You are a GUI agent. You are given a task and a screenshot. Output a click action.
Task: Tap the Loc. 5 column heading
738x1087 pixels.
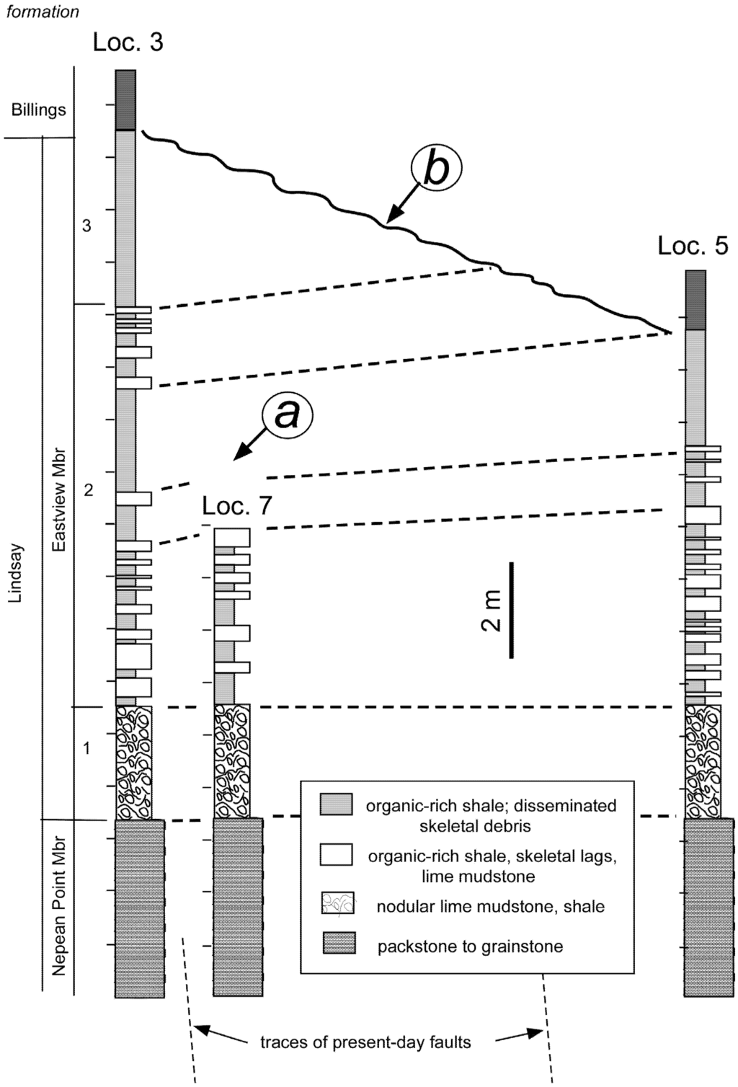pos(693,246)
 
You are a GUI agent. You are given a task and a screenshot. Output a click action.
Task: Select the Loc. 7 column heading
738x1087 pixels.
pos(237,505)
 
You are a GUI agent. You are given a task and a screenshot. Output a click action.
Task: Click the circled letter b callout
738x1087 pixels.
pos(435,168)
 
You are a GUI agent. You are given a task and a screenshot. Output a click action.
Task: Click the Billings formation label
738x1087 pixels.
pos(38,110)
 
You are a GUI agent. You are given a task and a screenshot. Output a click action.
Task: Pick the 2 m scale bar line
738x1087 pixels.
pos(512,610)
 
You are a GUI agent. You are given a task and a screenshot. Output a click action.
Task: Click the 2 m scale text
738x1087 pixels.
pos(492,610)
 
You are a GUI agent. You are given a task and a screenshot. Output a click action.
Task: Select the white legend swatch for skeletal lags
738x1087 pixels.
pos(336,854)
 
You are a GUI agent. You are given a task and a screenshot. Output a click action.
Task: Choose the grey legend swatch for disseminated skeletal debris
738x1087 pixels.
pos(336,804)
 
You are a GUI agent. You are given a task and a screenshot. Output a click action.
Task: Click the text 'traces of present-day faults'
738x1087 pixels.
pos(365,1042)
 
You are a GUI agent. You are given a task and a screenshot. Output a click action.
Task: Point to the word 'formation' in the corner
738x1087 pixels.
pos(43,12)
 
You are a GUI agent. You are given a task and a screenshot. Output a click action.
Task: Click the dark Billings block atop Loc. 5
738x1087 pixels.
pos(695,300)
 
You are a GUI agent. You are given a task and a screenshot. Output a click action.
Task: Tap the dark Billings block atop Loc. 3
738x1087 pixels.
pos(126,99)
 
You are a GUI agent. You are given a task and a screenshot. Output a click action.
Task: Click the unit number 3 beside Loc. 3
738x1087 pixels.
pos(86,226)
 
